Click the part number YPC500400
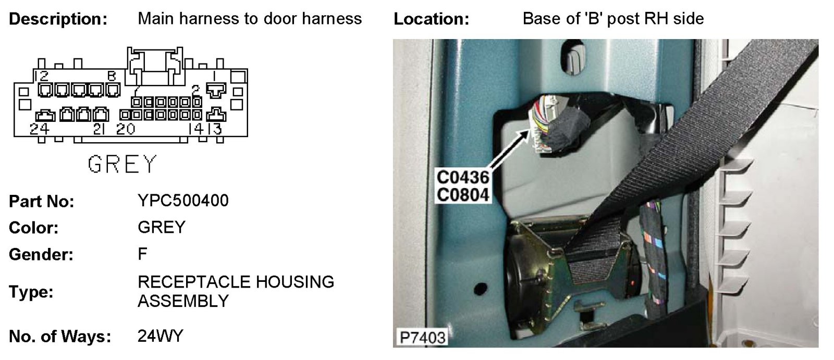coord(183,201)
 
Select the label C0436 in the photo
coord(463,177)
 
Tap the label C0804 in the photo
coord(463,195)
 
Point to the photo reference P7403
coord(422,337)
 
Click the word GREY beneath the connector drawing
coord(122,165)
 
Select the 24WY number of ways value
coord(161,336)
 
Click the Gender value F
coord(142,254)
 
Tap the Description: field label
coord(58,19)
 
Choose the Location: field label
coord(431,19)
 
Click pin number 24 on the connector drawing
coord(40,129)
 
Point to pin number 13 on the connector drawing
coord(215,129)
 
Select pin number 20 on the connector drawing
coord(125,129)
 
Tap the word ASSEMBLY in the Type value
coord(183,301)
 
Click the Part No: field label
coord(42,202)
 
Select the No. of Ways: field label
coord(60,337)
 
